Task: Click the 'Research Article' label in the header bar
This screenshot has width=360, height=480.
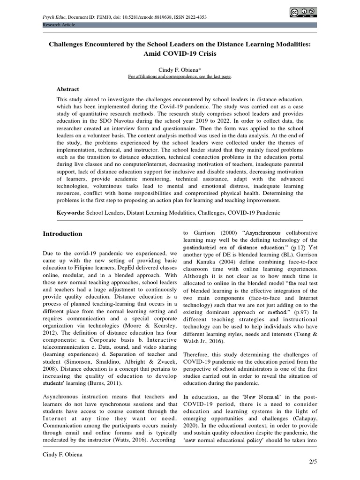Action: pos(59,24)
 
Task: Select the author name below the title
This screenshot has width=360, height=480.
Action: pos(180,69)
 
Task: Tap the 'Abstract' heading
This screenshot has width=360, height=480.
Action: pos(67,89)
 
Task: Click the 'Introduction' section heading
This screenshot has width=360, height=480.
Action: pos(62,234)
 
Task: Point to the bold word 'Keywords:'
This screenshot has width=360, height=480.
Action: pos(70,212)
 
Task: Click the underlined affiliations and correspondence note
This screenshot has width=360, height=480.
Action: pos(180,76)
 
